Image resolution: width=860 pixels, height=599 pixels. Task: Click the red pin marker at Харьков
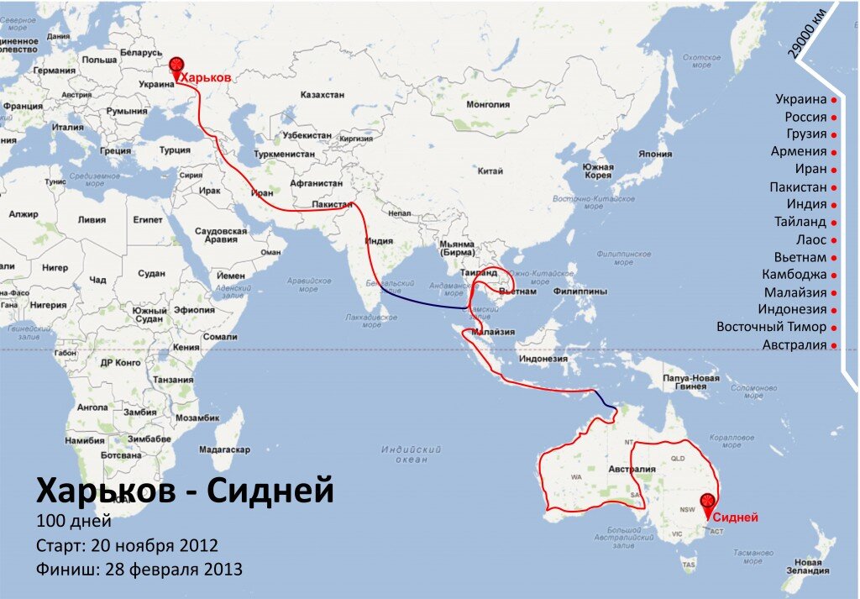coord(176,66)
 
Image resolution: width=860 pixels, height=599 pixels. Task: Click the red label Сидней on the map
coord(736,518)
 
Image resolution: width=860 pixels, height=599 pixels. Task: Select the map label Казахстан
coord(322,95)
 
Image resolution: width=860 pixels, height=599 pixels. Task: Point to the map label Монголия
coord(487,105)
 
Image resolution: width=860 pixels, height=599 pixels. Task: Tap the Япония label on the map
coord(655,155)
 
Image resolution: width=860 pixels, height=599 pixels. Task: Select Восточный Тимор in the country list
coord(772,327)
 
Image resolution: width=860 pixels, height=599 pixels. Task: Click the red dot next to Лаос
coord(834,240)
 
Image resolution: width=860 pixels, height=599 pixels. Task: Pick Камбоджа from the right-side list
coord(794,275)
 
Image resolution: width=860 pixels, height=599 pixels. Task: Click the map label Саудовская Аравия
coord(220,235)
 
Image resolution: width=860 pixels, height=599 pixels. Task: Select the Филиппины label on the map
coord(579,292)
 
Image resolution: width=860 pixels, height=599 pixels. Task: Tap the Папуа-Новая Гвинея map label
coord(691,382)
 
